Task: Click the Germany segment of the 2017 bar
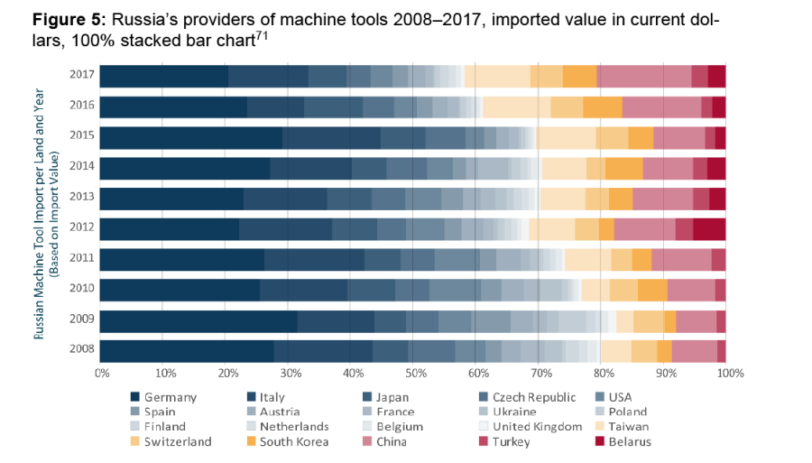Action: click(x=163, y=77)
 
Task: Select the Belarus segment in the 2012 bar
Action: click(x=709, y=229)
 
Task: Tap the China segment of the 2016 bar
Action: click(x=661, y=107)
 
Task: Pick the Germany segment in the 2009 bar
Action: click(x=198, y=321)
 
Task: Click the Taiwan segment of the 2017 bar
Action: click(x=497, y=77)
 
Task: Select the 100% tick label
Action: click(x=729, y=373)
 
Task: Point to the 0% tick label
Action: click(x=102, y=373)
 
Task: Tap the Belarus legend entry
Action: click(x=630, y=441)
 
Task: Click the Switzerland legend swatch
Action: click(x=136, y=441)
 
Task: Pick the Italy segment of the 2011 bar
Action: click(x=314, y=260)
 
